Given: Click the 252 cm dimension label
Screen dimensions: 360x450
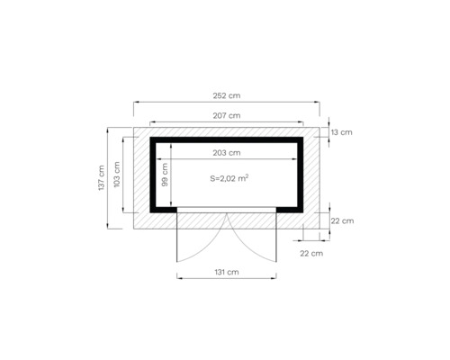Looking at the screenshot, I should [x=228, y=94].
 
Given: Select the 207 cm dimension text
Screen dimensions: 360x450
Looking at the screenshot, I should [x=227, y=115].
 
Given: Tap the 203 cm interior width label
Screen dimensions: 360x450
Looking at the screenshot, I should [x=227, y=153].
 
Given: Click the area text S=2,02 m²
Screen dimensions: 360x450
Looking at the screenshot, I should [x=229, y=179].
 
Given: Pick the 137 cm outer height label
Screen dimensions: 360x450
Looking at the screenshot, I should [x=102, y=176].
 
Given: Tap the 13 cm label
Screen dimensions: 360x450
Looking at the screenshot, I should [x=342, y=132].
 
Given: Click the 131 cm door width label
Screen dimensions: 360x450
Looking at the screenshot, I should [x=227, y=271].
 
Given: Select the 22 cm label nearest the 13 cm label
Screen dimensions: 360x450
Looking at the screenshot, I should [x=342, y=220].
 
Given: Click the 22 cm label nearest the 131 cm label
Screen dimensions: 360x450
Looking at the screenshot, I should [x=310, y=254].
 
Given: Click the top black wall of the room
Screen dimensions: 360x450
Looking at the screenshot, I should [x=227, y=139].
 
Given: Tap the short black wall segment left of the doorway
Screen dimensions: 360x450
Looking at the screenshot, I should [x=164, y=209].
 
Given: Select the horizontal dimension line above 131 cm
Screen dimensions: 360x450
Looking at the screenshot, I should [x=227, y=279].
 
